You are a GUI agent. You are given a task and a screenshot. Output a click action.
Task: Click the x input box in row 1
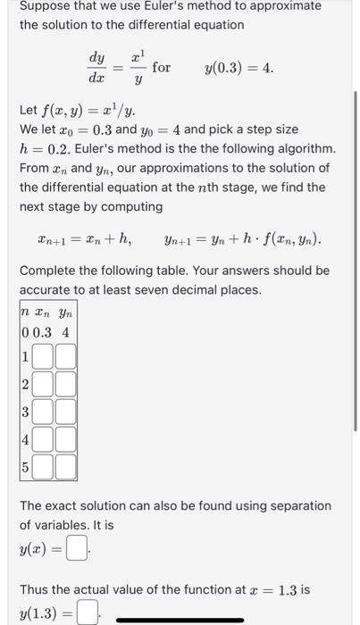(x=46, y=356)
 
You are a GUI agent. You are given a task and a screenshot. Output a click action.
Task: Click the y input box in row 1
(x=66, y=356)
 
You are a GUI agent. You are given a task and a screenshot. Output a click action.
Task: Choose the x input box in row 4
(x=46, y=439)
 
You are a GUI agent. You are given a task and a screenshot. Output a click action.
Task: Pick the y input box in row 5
(x=66, y=467)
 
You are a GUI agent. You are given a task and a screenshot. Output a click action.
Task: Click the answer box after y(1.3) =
(x=87, y=612)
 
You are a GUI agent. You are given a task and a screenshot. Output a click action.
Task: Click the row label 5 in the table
(x=26, y=467)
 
